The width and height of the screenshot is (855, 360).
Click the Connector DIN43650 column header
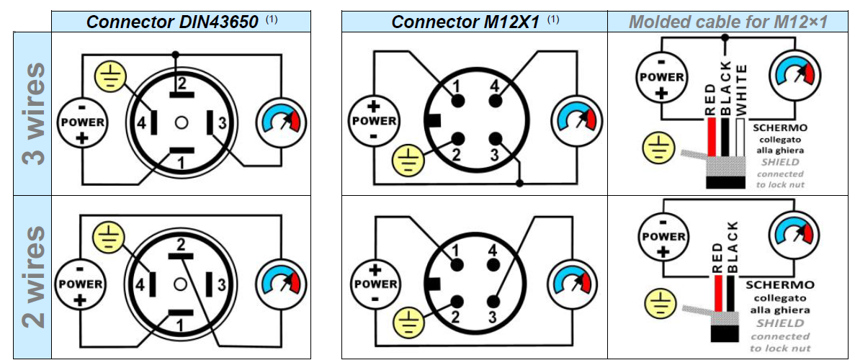(x=172, y=22)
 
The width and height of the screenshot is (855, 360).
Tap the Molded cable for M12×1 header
(x=728, y=22)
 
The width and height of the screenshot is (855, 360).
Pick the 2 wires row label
(x=33, y=277)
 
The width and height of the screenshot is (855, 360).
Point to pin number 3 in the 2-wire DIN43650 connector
(x=222, y=285)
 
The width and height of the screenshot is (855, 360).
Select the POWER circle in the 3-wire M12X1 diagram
(x=374, y=120)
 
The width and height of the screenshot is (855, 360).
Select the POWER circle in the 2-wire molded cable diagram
(x=663, y=236)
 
